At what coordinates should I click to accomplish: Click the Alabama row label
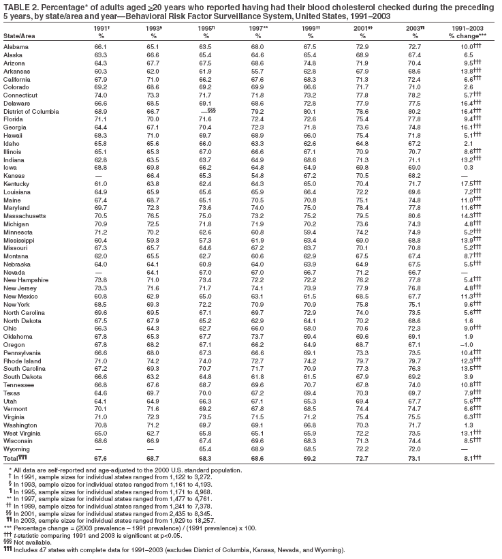[x=16, y=46]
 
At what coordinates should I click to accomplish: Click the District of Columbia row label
[x=32, y=109]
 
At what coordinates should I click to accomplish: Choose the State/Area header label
[x=20, y=35]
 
